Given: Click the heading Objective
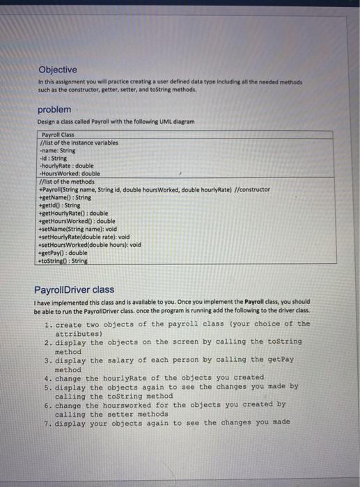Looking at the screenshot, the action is point(58,70).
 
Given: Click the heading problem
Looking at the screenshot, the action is point(54,110).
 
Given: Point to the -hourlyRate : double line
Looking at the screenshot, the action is point(67,166).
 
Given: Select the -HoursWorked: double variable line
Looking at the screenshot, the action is point(70,173).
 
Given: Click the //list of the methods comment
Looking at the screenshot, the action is point(68,181).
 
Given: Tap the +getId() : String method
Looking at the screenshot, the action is point(61,205).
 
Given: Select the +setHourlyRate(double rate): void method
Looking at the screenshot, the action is point(86,237).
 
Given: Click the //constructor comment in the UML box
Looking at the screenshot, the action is point(251,189).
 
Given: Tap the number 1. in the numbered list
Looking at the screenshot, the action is point(47,324).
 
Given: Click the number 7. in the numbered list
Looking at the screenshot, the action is point(47,422).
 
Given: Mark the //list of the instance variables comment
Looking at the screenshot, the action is point(79,142).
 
